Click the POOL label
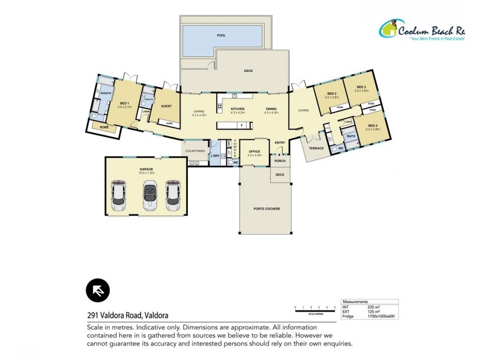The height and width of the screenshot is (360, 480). pos(221,35)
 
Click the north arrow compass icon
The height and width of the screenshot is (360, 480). pos(97,290)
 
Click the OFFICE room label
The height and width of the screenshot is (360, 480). pos(254,151)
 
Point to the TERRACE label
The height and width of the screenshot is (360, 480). pos(316,148)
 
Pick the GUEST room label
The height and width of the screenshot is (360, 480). pos(166,106)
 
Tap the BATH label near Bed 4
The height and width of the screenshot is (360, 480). pos(350,137)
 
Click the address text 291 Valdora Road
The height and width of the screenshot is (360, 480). pos(127,315)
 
